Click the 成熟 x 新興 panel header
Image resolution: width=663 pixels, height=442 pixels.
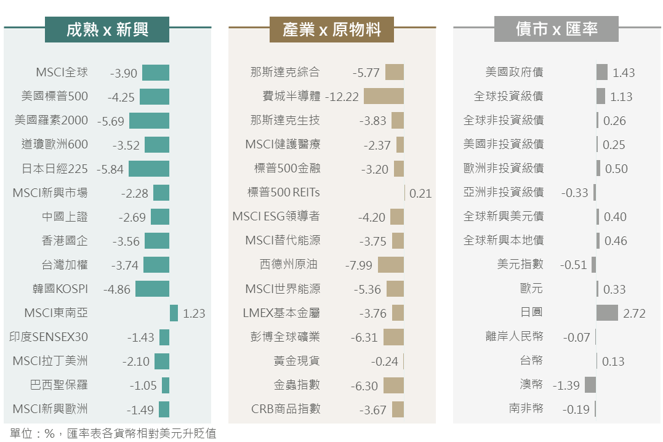[x=107, y=30]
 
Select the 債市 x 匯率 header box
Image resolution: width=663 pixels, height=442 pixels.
[x=557, y=30]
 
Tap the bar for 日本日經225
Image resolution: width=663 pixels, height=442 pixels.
[x=149, y=169]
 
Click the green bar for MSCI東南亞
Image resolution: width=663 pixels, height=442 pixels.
[x=174, y=313]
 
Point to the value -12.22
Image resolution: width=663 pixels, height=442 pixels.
[x=341, y=97]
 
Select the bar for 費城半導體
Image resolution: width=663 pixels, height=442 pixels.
[x=384, y=96]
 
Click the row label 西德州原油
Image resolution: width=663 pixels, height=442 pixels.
[x=289, y=265]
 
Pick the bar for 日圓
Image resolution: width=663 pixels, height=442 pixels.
[x=607, y=313]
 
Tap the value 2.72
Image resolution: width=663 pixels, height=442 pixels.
[x=634, y=313]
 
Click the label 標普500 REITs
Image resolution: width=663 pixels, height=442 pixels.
[x=284, y=193]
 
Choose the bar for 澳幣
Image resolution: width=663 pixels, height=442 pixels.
[x=590, y=385]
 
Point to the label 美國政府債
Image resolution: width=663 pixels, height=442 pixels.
[x=514, y=73]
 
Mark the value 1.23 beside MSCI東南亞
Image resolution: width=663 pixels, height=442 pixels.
[x=194, y=313]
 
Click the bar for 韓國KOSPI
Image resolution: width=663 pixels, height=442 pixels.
[x=152, y=289]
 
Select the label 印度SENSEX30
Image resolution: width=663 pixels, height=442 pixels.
[x=49, y=337]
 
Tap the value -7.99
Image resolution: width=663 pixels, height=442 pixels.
[x=359, y=265]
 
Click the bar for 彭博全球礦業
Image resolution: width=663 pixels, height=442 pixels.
[x=393, y=337]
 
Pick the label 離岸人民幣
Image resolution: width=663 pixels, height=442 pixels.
[x=514, y=337]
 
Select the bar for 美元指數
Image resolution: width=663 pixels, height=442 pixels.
[x=593, y=265]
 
